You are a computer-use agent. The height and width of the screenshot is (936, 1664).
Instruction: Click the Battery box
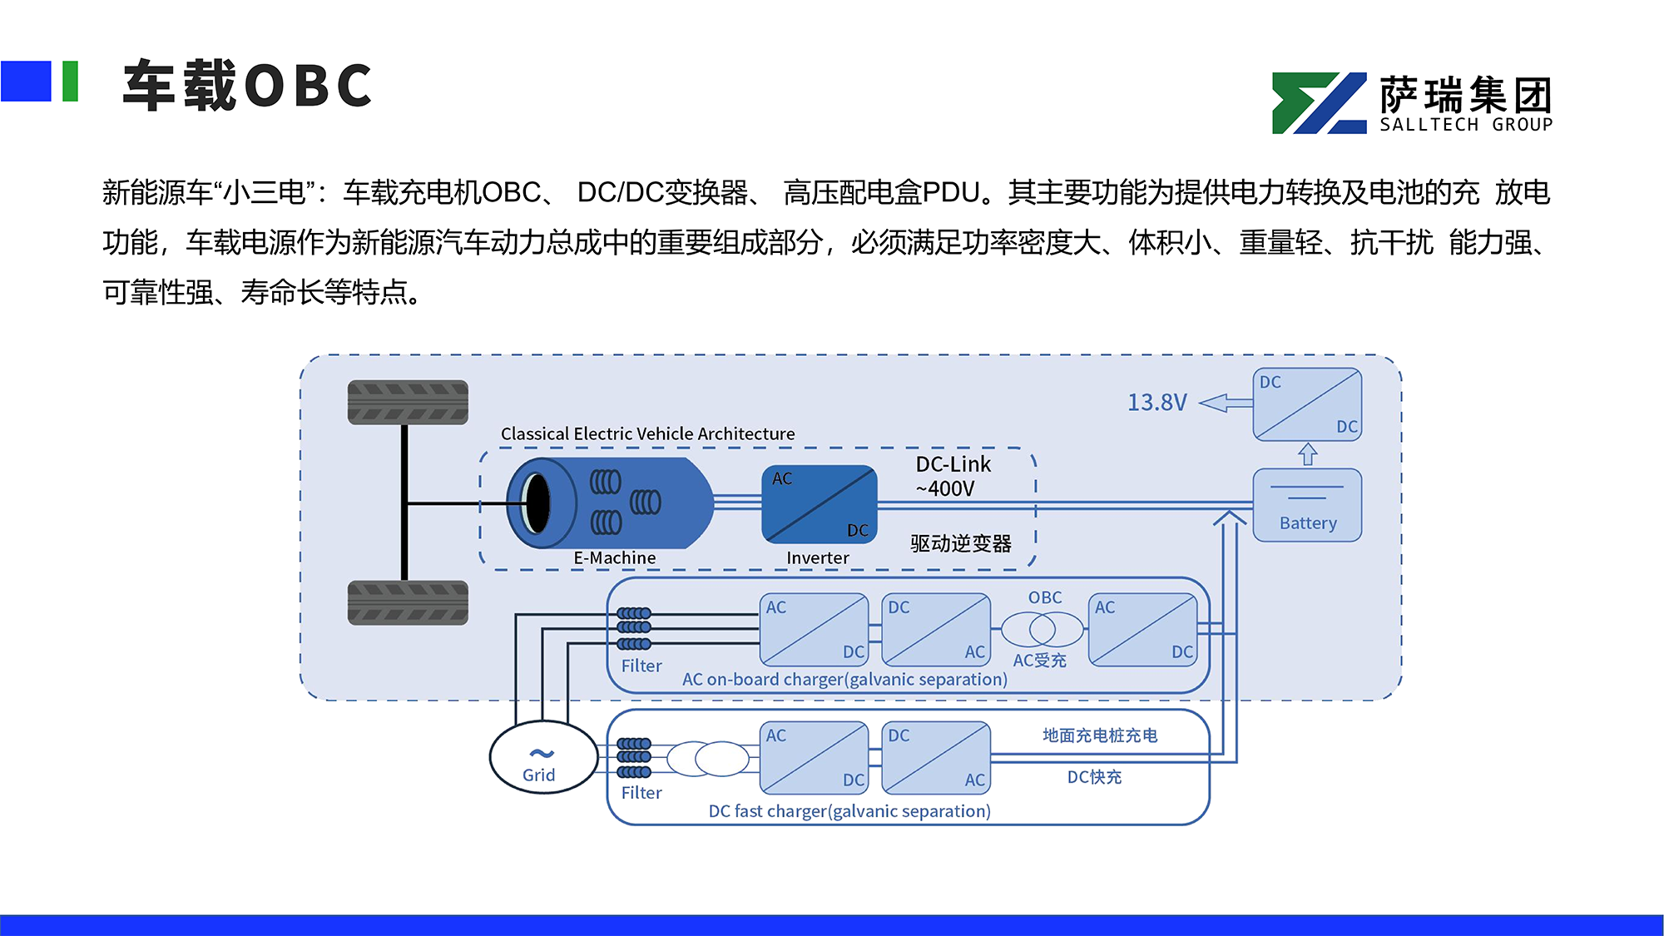click(1307, 505)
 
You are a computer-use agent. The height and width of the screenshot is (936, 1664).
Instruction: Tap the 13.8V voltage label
click(1156, 403)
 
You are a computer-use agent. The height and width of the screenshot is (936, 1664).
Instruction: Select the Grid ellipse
click(543, 757)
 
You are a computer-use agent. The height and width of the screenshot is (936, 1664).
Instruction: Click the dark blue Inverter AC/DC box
click(820, 504)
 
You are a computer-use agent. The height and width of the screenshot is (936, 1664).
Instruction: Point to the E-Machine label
click(614, 557)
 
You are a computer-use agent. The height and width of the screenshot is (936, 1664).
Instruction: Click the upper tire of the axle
click(408, 403)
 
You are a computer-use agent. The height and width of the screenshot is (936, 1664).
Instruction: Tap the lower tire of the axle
click(408, 602)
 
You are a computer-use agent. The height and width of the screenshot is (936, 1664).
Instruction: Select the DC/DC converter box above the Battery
click(1307, 404)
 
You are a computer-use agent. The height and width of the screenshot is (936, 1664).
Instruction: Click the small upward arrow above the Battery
click(1308, 454)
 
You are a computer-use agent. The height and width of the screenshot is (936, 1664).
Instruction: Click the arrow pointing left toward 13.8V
click(1226, 403)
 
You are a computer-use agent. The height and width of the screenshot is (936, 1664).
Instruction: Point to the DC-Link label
click(953, 464)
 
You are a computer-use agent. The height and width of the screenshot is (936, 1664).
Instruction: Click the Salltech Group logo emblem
click(1320, 103)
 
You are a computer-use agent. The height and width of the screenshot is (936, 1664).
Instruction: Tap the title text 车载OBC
click(247, 85)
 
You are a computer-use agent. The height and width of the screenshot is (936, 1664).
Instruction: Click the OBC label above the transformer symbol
click(1045, 597)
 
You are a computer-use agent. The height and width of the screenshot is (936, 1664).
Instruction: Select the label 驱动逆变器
click(961, 543)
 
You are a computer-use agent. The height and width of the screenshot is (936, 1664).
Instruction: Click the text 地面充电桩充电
click(1100, 735)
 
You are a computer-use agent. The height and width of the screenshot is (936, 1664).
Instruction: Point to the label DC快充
click(1094, 777)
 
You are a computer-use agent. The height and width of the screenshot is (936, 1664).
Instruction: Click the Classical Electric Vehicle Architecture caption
click(647, 433)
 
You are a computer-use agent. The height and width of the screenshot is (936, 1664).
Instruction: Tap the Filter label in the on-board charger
click(641, 666)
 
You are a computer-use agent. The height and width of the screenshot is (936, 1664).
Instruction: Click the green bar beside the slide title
click(71, 82)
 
